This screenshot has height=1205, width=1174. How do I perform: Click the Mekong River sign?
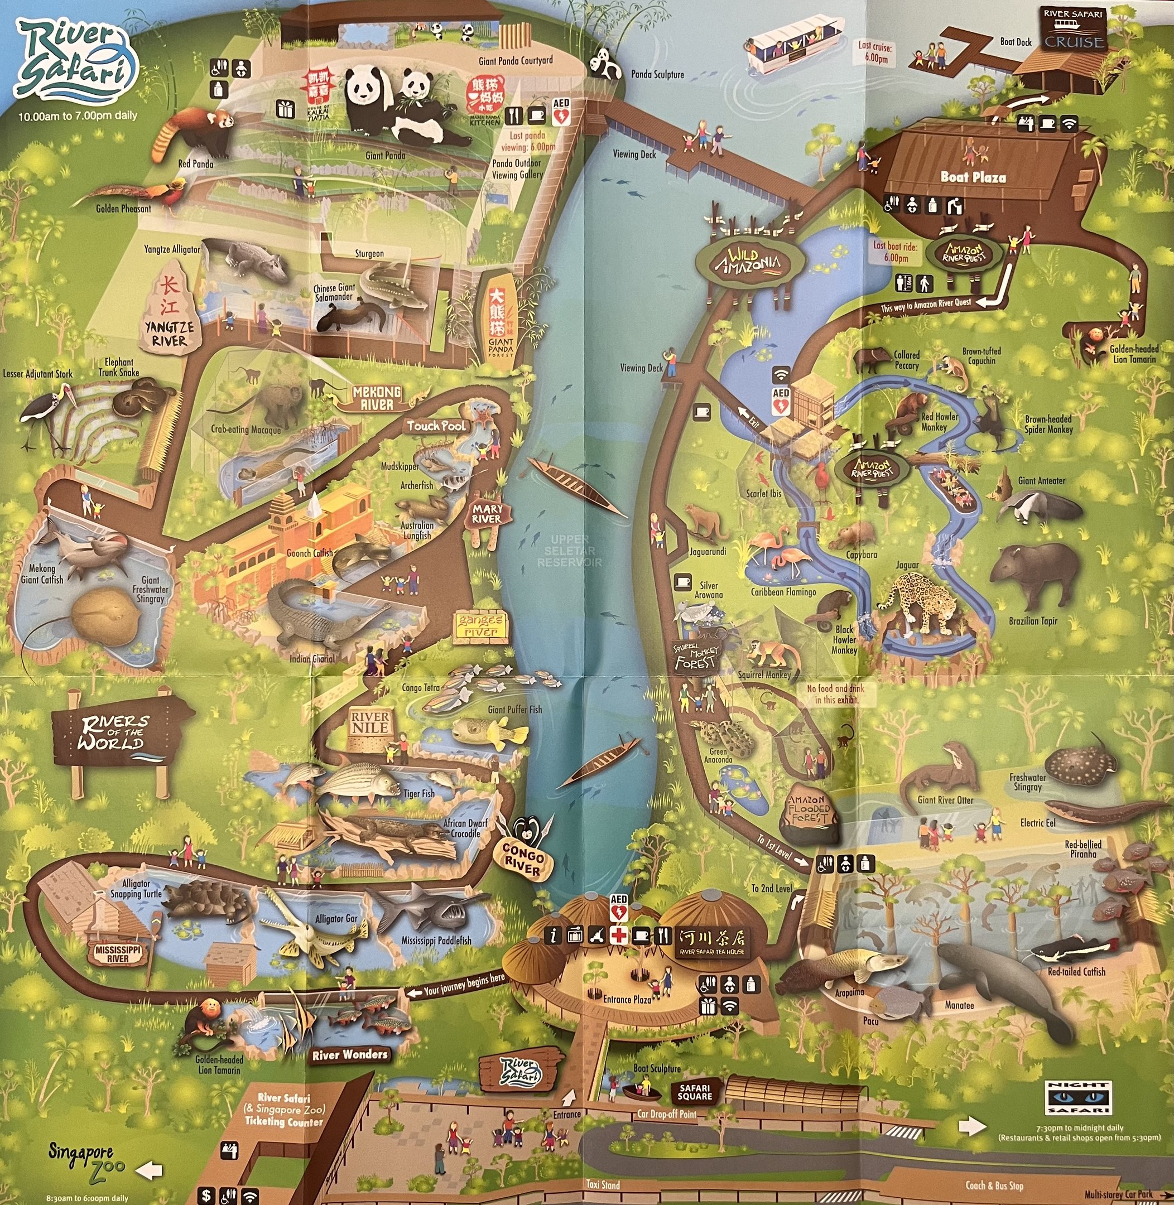click(377, 398)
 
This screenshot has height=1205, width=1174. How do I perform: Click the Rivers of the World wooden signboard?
click(117, 733)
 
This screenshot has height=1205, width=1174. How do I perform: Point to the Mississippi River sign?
click(118, 954)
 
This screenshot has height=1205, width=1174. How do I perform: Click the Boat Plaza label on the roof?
click(973, 177)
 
